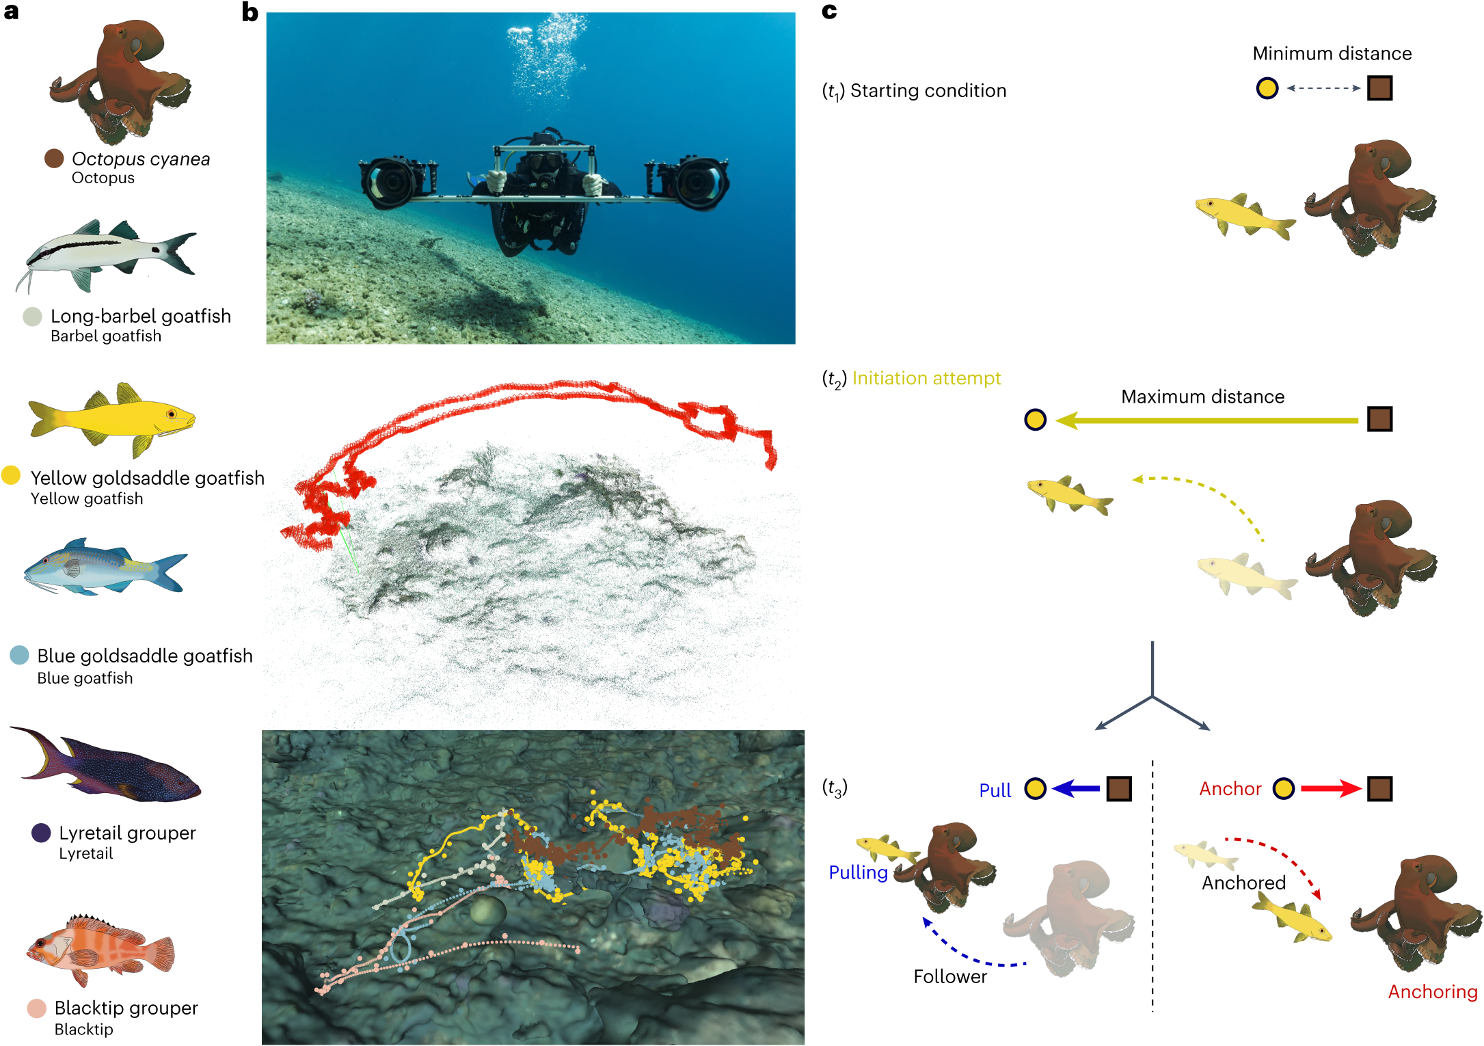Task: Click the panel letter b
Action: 250,12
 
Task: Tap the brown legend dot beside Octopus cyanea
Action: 54,159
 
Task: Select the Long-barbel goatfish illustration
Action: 106,253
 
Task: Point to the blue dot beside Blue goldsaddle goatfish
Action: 20,655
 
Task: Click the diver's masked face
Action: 543,163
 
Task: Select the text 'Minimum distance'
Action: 1332,53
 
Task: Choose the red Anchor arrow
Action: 1330,789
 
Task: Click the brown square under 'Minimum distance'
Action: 1379,88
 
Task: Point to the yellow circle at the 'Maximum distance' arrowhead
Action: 1035,420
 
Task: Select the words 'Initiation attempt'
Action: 926,378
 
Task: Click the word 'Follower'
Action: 950,976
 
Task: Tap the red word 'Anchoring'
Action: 1432,991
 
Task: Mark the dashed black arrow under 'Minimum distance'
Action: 1323,88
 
